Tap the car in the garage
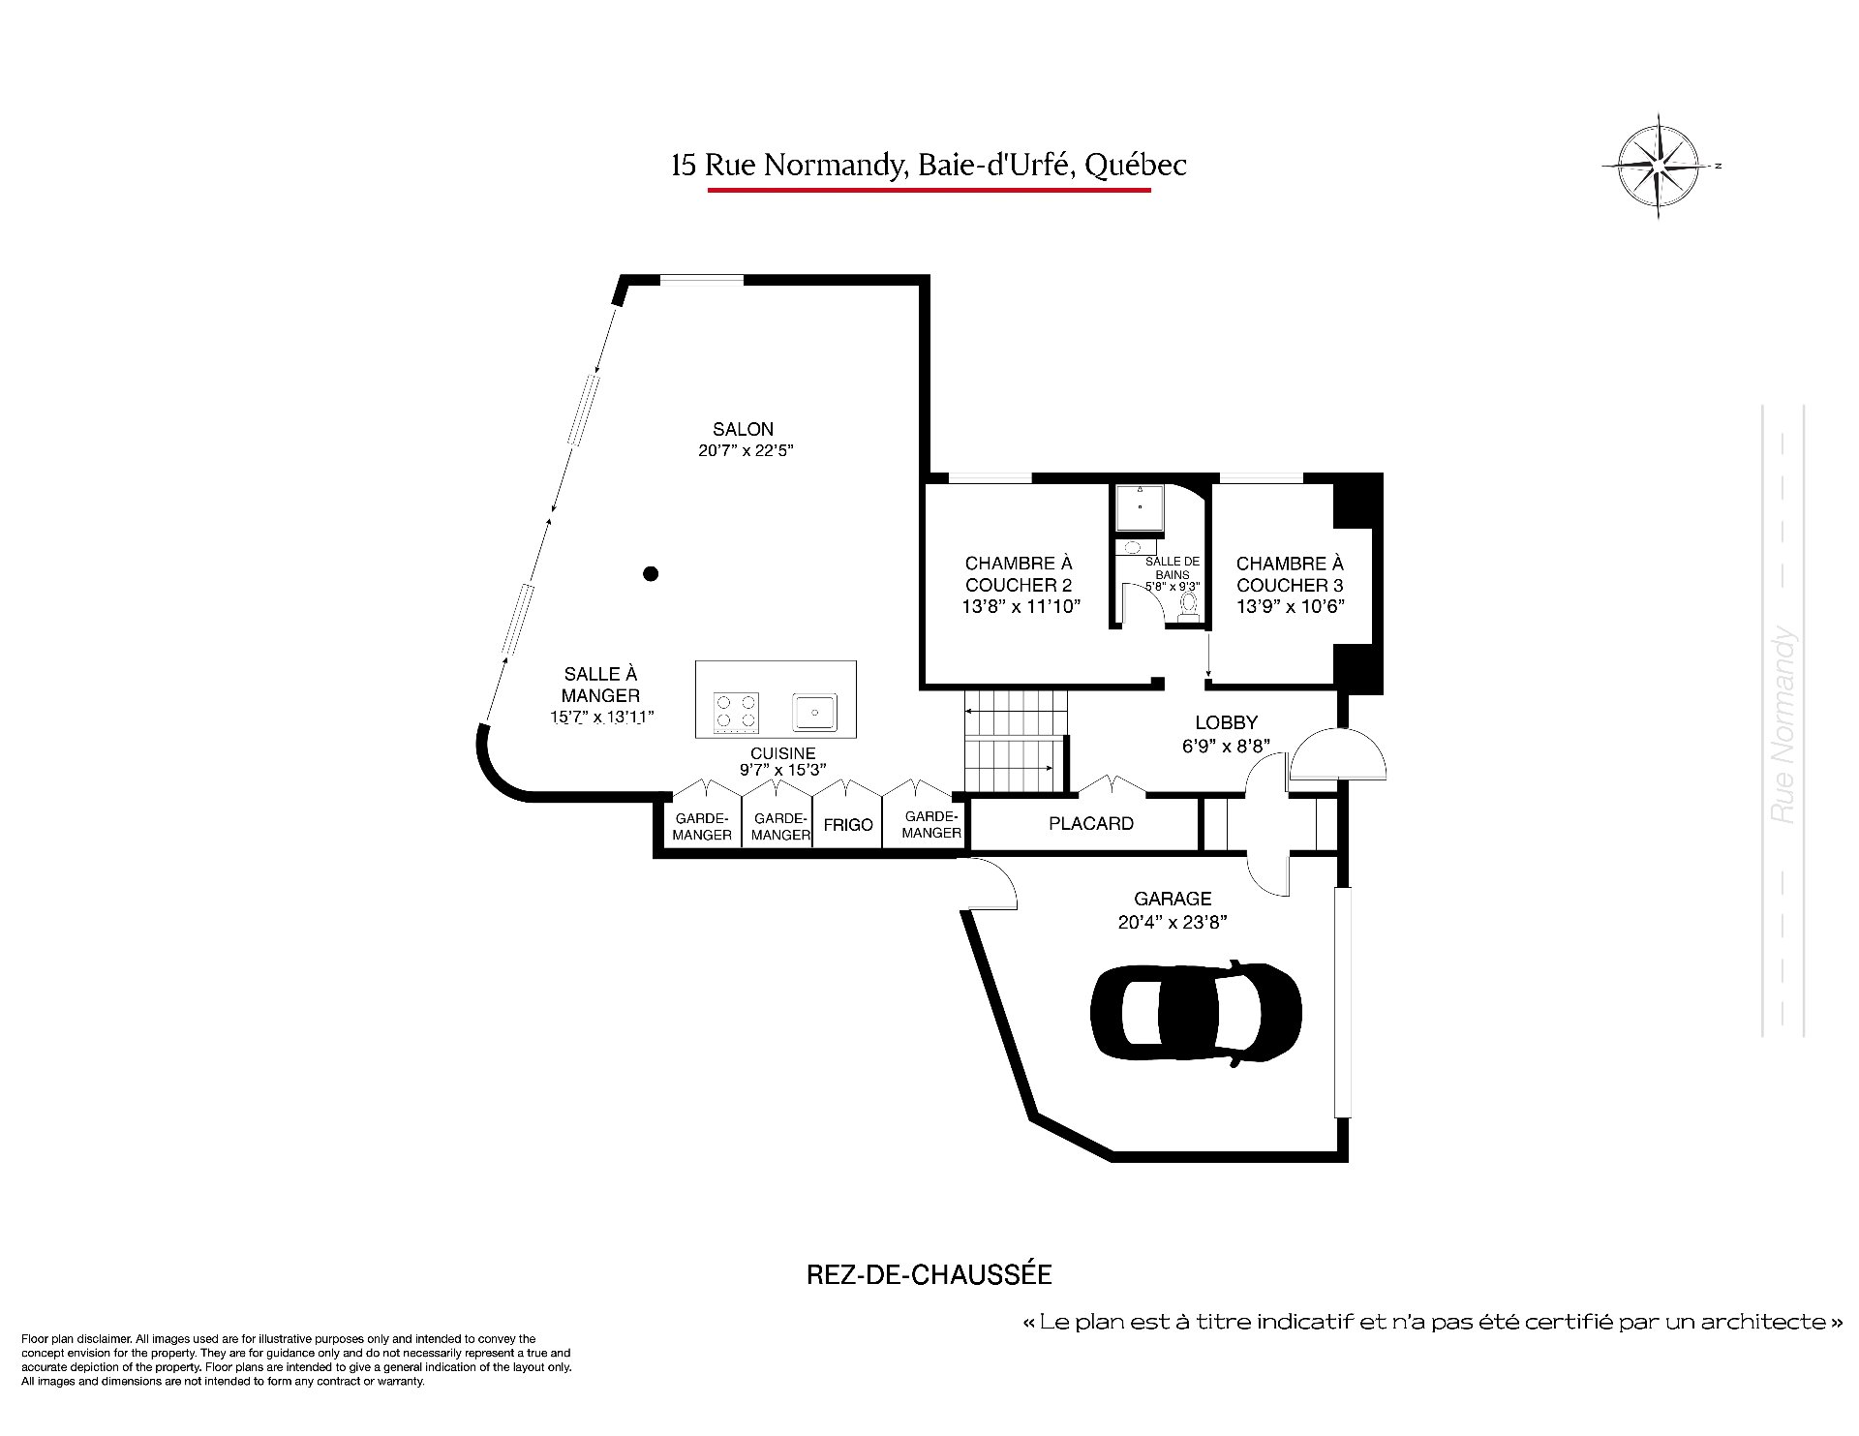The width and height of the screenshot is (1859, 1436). pyautogui.click(x=1197, y=1014)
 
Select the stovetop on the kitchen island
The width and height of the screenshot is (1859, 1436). pyautogui.click(x=736, y=712)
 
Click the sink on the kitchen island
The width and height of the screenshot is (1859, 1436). pyautogui.click(x=815, y=712)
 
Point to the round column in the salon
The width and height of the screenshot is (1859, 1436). pyautogui.click(x=652, y=573)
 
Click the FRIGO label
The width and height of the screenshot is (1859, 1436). pyautogui.click(x=848, y=825)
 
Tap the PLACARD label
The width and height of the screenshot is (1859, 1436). pyautogui.click(x=1091, y=824)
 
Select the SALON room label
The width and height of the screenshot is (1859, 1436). pyautogui.click(x=744, y=429)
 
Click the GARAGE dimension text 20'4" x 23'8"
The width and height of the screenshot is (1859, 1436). pyautogui.click(x=1173, y=923)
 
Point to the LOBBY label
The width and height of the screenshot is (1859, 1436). pyautogui.click(x=1226, y=722)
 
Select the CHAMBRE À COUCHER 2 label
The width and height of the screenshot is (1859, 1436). pyautogui.click(x=1020, y=574)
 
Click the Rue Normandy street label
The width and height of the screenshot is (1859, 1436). pyautogui.click(x=1783, y=726)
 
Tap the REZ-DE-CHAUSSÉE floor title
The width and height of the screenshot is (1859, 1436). pyautogui.click(x=929, y=1274)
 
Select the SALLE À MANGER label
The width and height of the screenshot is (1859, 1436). pyautogui.click(x=600, y=685)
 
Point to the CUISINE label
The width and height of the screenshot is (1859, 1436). pyautogui.click(x=782, y=753)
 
